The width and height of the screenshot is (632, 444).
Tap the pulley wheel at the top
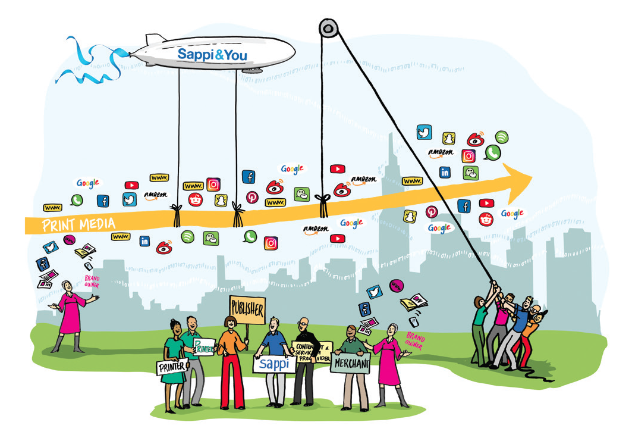(x=328, y=27)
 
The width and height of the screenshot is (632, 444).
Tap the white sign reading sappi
(x=275, y=362)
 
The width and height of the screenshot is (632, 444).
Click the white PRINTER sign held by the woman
(x=172, y=367)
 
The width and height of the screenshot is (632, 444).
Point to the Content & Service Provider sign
(x=312, y=352)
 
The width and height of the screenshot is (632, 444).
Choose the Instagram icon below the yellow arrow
(x=271, y=243)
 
